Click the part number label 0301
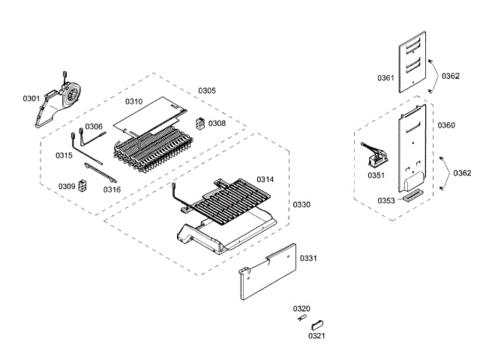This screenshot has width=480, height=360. coord(31,98)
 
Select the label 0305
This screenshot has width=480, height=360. coord(207,91)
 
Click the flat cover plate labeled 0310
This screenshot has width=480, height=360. coord(150,112)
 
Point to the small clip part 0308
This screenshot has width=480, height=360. coord(199,123)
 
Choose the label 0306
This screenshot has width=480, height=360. coord(94,127)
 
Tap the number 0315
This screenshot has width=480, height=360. coord(64,155)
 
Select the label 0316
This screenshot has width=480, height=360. coord(112,190)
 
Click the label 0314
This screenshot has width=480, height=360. coord(265,180)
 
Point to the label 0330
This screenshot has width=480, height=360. coord(301,205)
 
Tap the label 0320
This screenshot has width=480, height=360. coord(301,309)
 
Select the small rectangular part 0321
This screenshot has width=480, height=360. coord(317,327)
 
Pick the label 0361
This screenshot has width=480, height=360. coord(385,79)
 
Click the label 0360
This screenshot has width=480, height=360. coord(445,125)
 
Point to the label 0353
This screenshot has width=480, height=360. coord(386,200)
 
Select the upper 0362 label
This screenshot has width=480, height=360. coord(451,76)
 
